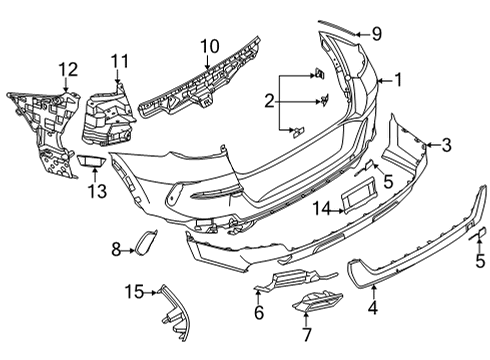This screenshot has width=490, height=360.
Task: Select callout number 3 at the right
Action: (445, 145)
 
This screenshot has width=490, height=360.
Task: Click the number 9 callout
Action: (377, 33)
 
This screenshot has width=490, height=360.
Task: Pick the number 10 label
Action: (209, 46)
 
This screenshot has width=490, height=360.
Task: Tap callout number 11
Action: (120, 62)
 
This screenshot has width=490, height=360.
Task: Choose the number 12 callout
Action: (66, 69)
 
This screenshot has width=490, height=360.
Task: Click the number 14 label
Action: (321, 208)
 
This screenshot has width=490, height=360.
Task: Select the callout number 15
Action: (134, 291)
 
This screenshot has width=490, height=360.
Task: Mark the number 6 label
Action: (258, 313)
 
